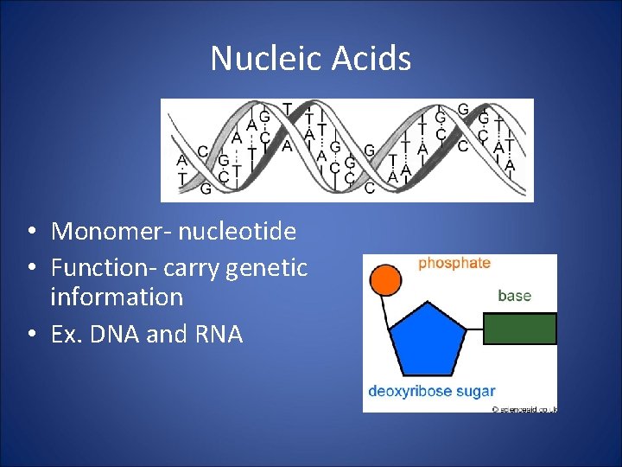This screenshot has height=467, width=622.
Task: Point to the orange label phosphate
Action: coord(454,263)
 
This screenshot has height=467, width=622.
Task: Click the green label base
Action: coord(514,296)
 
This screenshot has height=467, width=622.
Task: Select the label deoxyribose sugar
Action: coord(431,391)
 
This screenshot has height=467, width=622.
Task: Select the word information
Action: coord(117,297)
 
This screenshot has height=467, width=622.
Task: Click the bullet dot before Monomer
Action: coord(30,233)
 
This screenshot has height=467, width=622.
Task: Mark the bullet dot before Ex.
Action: coord(30,335)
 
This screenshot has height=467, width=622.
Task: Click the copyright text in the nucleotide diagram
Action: coord(524,408)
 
